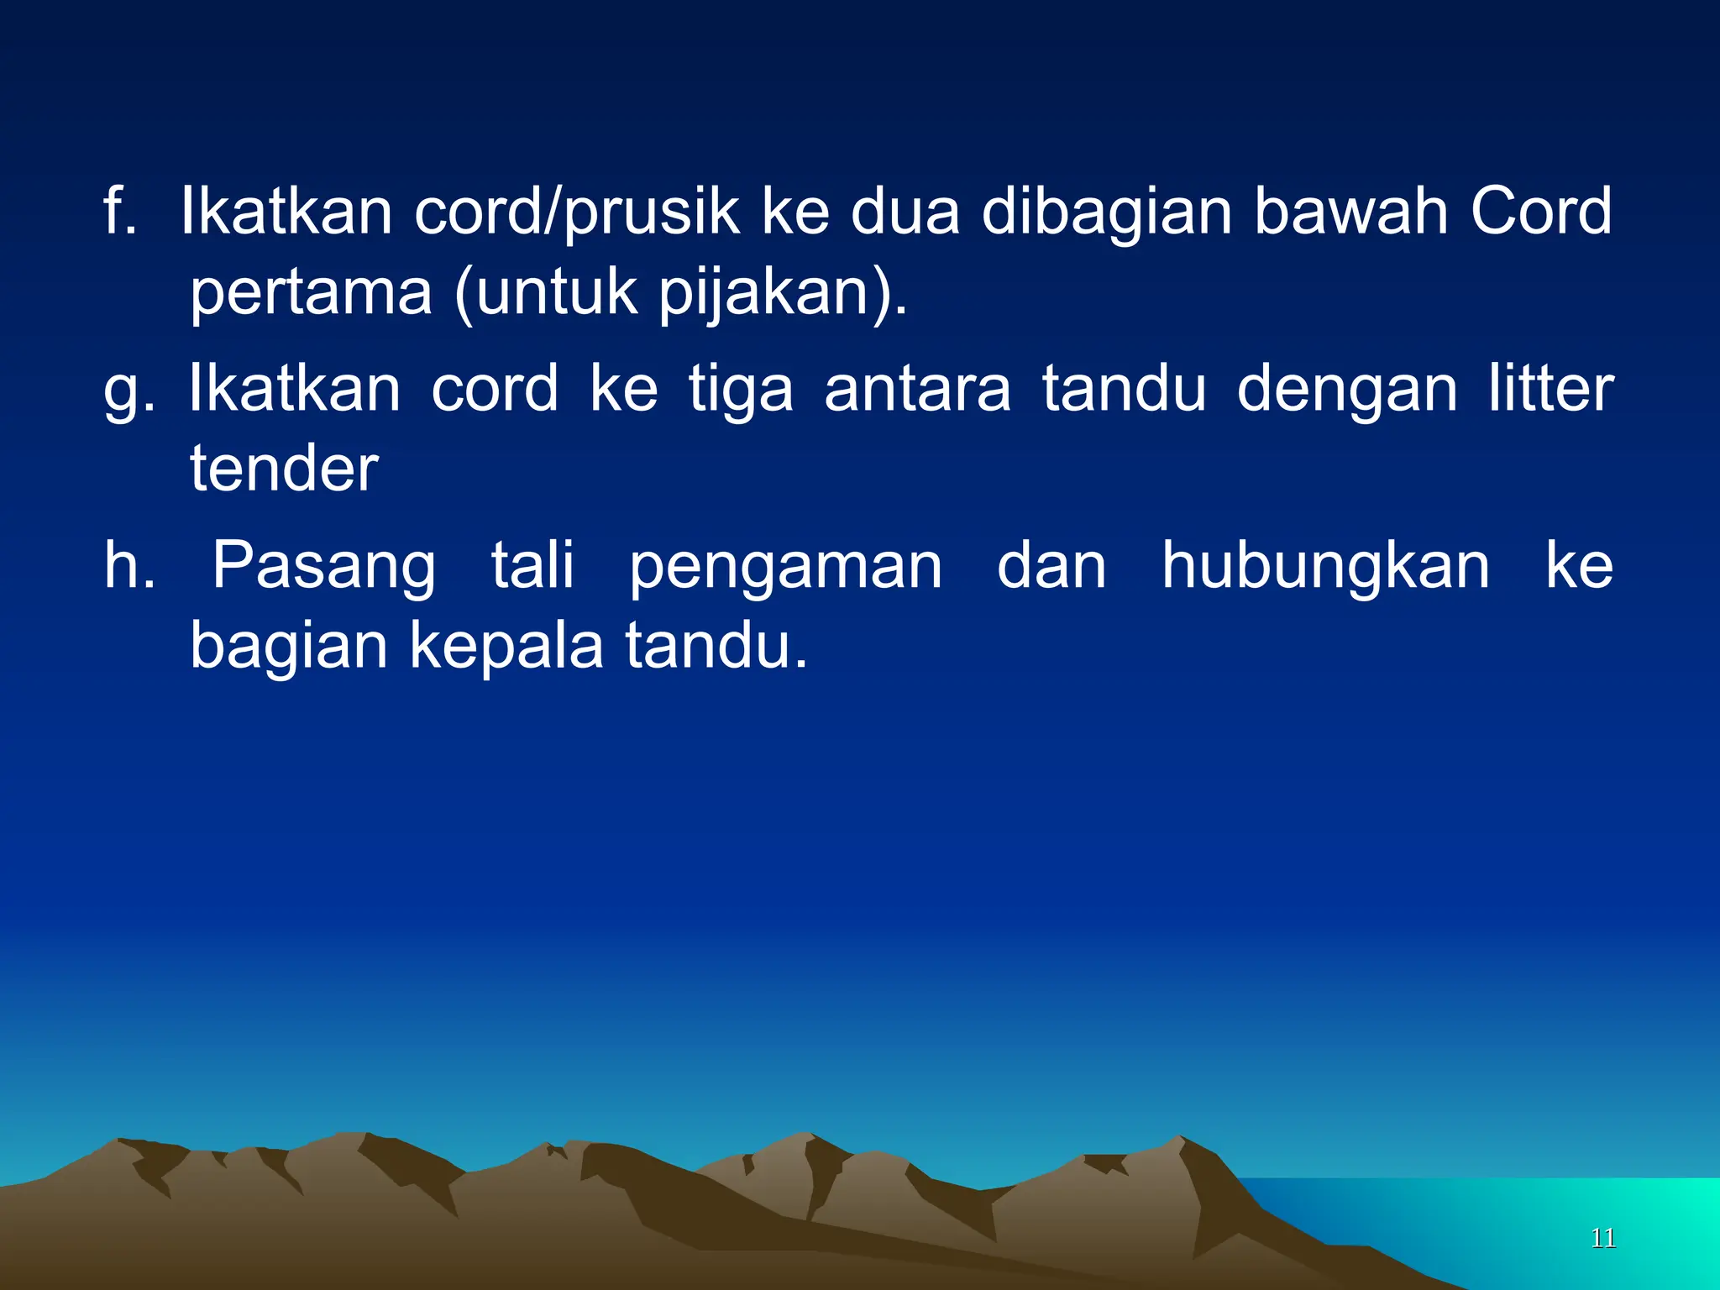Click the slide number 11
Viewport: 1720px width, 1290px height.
coord(1602,1238)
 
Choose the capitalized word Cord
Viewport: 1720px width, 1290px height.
coord(1540,211)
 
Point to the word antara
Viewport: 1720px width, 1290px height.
coord(917,389)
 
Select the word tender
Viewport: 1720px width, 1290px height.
coord(284,468)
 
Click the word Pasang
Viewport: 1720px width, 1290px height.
coord(323,567)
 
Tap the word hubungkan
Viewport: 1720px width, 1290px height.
coord(1325,567)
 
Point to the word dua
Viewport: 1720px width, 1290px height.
coord(905,212)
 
